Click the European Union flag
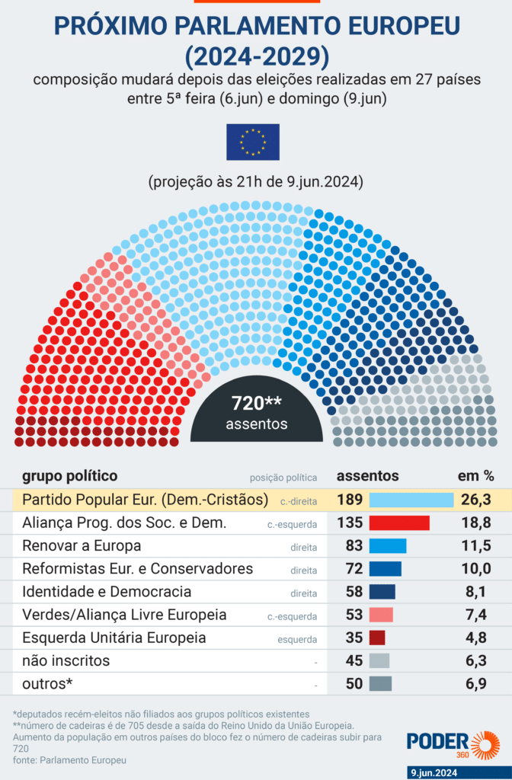tap(252, 142)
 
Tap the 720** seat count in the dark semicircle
tap(253, 404)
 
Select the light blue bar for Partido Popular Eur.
tap(411, 500)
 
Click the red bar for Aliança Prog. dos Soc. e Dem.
tap(399, 523)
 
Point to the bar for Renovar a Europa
tap(388, 546)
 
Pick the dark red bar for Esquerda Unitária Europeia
tap(377, 638)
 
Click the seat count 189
tap(350, 500)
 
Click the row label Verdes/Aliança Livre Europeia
tap(124, 615)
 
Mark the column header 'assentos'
tap(367, 476)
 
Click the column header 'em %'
tap(475, 476)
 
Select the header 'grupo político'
tap(69, 476)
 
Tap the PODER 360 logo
tap(453, 744)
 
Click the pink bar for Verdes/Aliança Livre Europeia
tap(381, 615)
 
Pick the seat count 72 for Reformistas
tap(354, 569)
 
